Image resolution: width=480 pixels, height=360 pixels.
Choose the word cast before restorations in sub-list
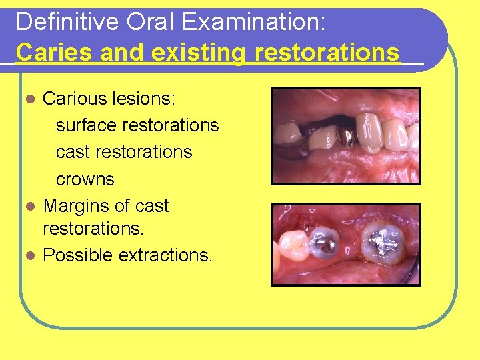coord(73,152)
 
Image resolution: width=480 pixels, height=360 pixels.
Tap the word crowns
coord(85,179)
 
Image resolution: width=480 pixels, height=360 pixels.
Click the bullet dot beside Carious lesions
coord(29,99)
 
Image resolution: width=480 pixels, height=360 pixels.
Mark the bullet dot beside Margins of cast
coord(29,207)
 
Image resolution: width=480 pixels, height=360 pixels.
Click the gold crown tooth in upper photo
coord(345,139)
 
